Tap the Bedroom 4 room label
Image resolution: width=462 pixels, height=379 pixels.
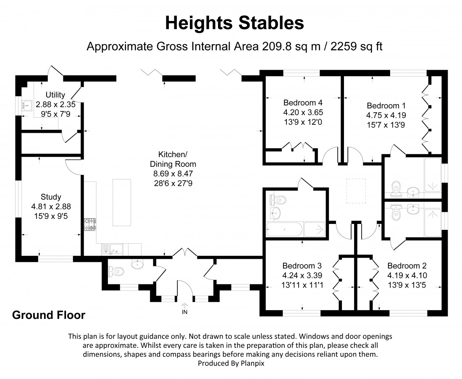click(303, 103)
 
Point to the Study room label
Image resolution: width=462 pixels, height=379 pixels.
click(51, 197)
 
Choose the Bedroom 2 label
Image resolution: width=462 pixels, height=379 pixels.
click(407, 266)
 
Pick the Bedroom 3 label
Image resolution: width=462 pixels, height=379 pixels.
click(302, 266)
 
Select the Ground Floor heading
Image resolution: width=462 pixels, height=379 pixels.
click(49, 315)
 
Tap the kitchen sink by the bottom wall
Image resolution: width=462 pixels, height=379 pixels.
click(111, 250)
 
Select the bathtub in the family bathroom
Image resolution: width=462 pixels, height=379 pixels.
click(285, 229)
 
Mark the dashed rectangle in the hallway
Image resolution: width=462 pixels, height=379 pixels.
click(356, 191)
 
